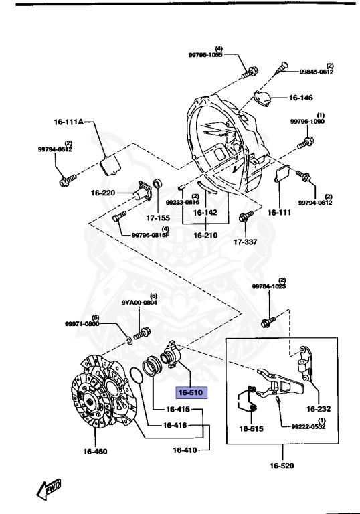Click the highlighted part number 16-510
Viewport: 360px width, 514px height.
click(190, 393)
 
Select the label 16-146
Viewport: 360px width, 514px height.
click(300, 98)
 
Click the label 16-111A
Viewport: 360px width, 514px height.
click(69, 122)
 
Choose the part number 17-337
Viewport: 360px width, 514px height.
click(246, 243)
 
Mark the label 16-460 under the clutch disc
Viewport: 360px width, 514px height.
click(96, 451)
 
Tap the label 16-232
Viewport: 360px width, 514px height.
click(319, 408)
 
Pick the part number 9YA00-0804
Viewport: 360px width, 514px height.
click(139, 302)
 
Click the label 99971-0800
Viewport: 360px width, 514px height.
click(82, 324)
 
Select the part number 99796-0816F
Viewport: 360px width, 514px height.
click(151, 235)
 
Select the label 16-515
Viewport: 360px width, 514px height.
click(253, 428)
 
